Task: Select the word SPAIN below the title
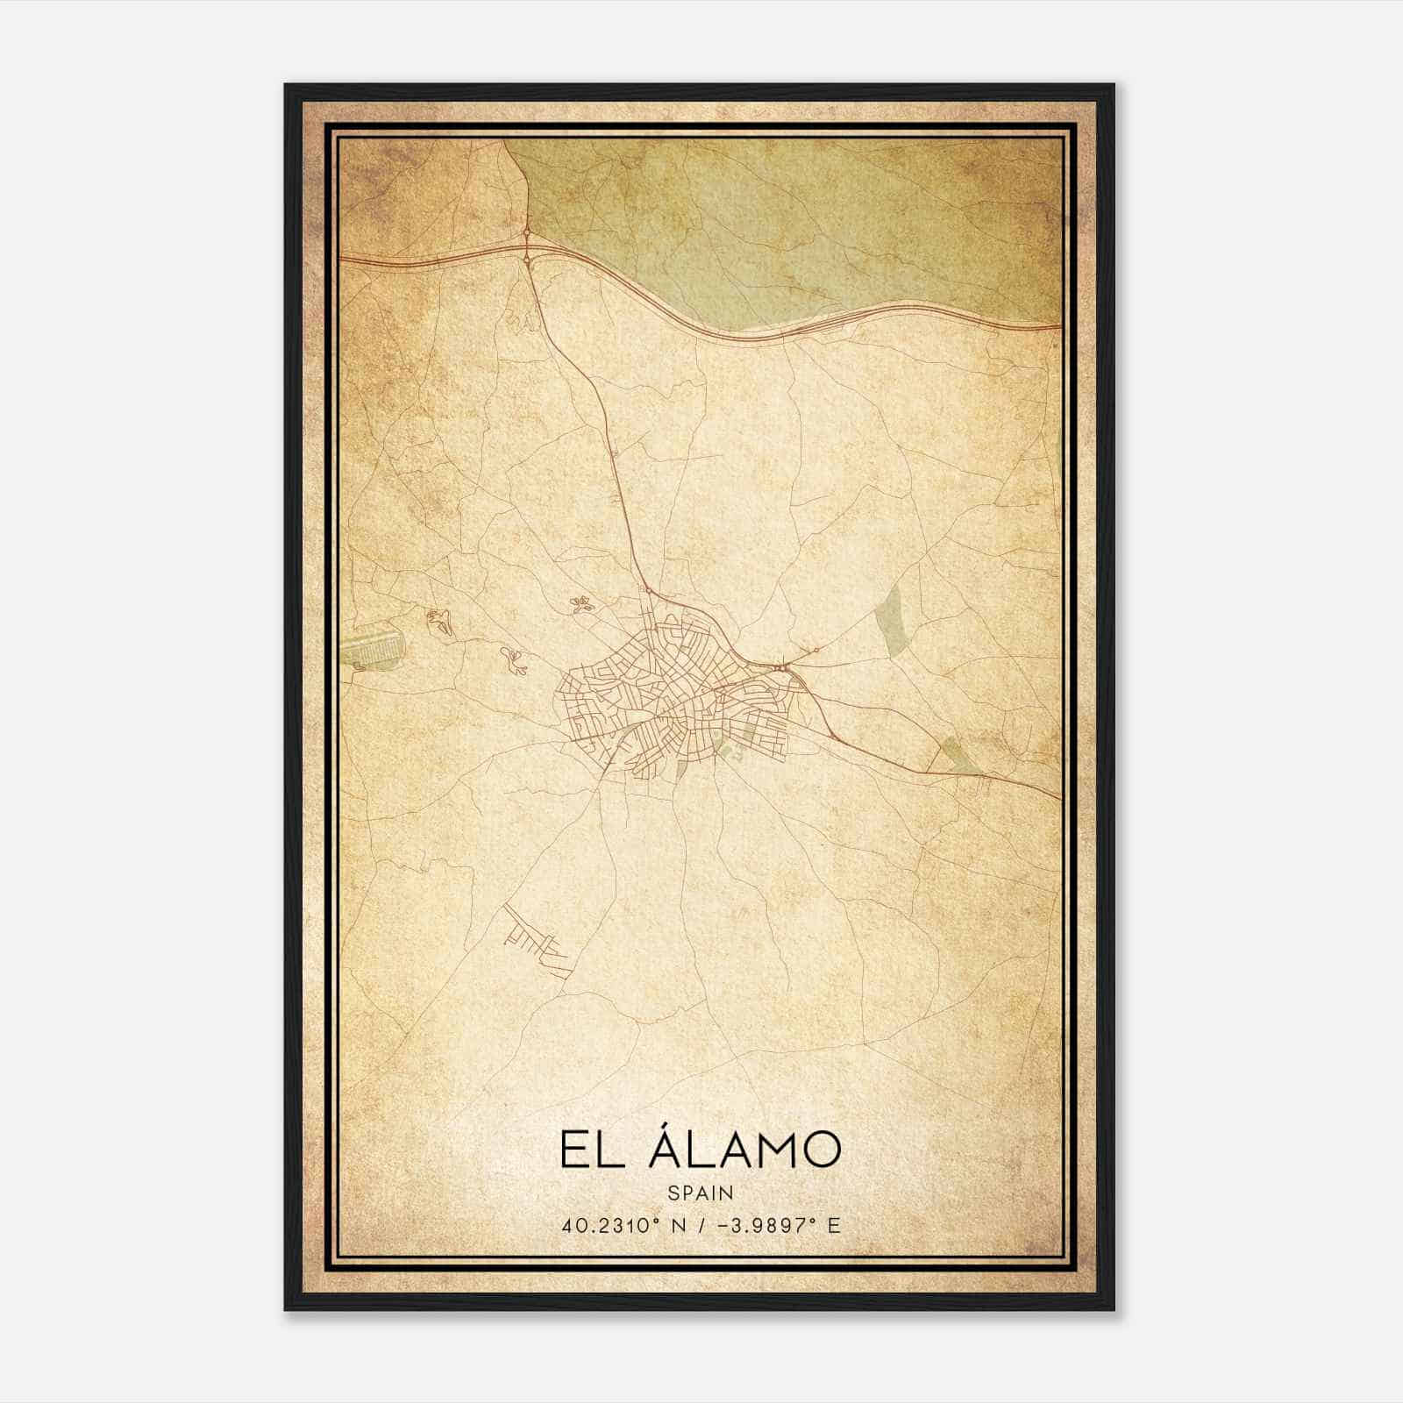[x=700, y=1193]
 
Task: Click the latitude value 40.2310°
[x=605, y=1225]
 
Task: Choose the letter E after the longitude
[x=834, y=1225]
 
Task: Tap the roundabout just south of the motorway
[x=527, y=260]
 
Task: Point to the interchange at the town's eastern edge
[x=781, y=671]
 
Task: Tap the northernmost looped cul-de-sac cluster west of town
[x=579, y=603]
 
